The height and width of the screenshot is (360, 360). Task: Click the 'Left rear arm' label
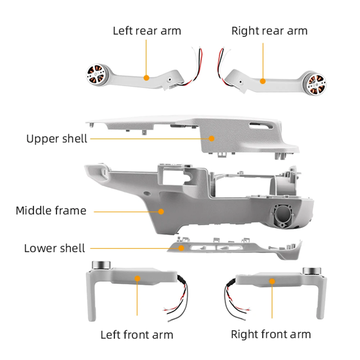click(147, 31)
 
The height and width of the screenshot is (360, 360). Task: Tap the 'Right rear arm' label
click(269, 31)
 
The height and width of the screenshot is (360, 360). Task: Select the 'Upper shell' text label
click(57, 138)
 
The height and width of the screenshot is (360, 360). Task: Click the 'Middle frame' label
click(51, 210)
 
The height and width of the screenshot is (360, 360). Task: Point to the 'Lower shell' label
click(55, 248)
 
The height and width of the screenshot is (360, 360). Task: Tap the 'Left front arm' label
click(137, 335)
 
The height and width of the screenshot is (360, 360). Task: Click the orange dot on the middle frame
click(161, 211)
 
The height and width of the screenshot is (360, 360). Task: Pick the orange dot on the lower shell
click(182, 248)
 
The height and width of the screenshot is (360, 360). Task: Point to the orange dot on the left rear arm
click(146, 77)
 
